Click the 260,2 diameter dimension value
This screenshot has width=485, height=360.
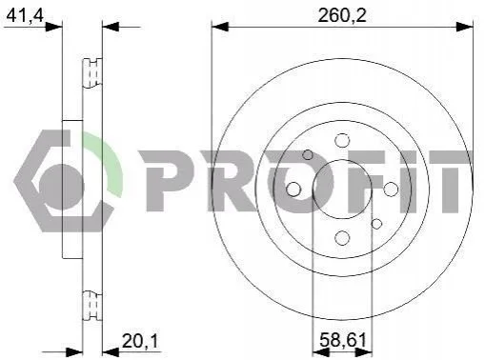coord(342,15)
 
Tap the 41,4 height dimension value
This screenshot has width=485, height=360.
coord(25,15)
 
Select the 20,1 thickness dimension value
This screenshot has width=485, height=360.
coord(140,342)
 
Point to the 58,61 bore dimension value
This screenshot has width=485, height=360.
coord(343,340)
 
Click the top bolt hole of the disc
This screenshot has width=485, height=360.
coord(342,140)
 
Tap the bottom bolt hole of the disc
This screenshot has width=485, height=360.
coord(342,238)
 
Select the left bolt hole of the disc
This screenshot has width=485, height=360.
coord(293,190)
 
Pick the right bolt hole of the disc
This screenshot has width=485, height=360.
coord(391,190)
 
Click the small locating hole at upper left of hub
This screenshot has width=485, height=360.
coord(308,155)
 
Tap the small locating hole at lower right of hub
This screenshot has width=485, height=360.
coord(376,224)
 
